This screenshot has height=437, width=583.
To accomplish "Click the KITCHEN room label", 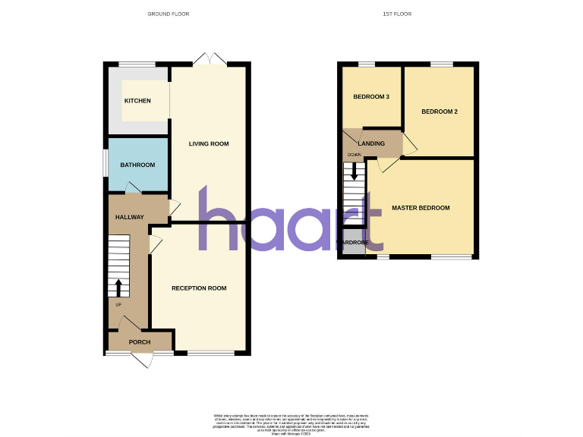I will point(137,101).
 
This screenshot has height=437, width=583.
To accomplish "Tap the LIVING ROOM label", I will point(209,143).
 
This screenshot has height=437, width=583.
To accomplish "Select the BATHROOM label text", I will point(137,165).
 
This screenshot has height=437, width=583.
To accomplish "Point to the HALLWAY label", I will point(129,218).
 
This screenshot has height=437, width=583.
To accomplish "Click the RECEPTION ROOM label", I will point(199,288).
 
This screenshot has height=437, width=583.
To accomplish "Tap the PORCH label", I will point(140,342).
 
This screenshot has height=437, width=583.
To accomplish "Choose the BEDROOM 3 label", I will point(372,97).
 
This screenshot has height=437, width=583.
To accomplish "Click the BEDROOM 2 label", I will point(440,112).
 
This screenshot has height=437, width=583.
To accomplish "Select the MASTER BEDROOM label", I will point(421,208).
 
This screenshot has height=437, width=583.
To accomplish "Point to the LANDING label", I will point(371,143).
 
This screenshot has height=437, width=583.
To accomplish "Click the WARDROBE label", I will point(353,243).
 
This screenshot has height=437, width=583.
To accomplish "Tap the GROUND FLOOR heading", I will point(168,14).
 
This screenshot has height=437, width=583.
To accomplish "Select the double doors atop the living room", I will point(209,59).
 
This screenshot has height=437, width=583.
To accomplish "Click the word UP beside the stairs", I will point(118,305).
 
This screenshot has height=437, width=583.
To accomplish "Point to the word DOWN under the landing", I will point(354,155).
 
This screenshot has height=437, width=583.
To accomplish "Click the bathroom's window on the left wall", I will point(106,163).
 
